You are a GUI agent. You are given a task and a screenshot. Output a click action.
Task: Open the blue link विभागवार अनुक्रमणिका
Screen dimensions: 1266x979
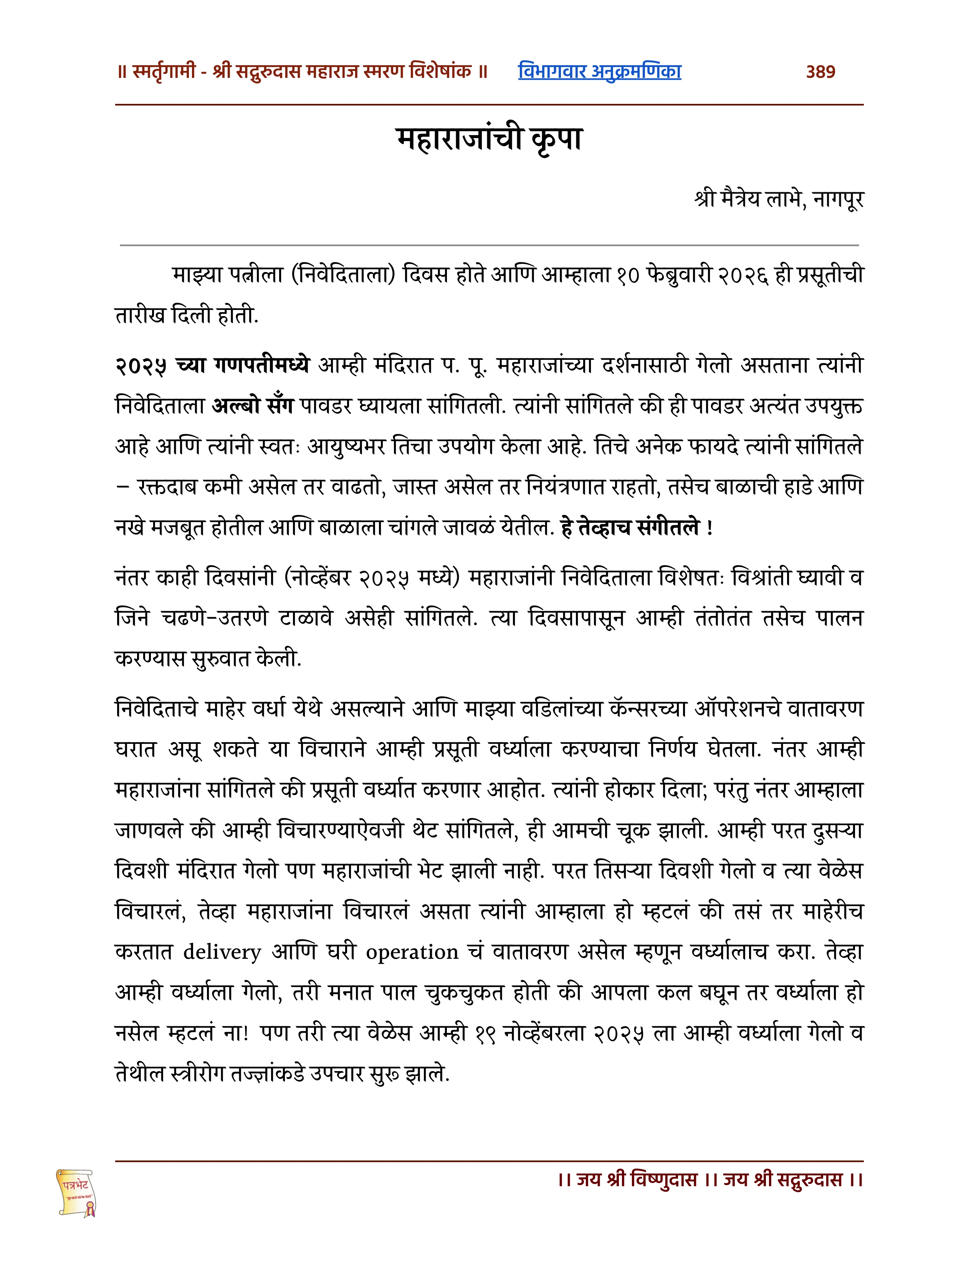tap(599, 72)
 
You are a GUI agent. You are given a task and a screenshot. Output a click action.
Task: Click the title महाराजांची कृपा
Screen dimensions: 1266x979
tap(489, 140)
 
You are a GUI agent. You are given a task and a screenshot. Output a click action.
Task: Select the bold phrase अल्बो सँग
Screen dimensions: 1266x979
tap(253, 406)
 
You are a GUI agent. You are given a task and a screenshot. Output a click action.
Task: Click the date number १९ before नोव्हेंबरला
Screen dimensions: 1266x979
tap(484, 1034)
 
